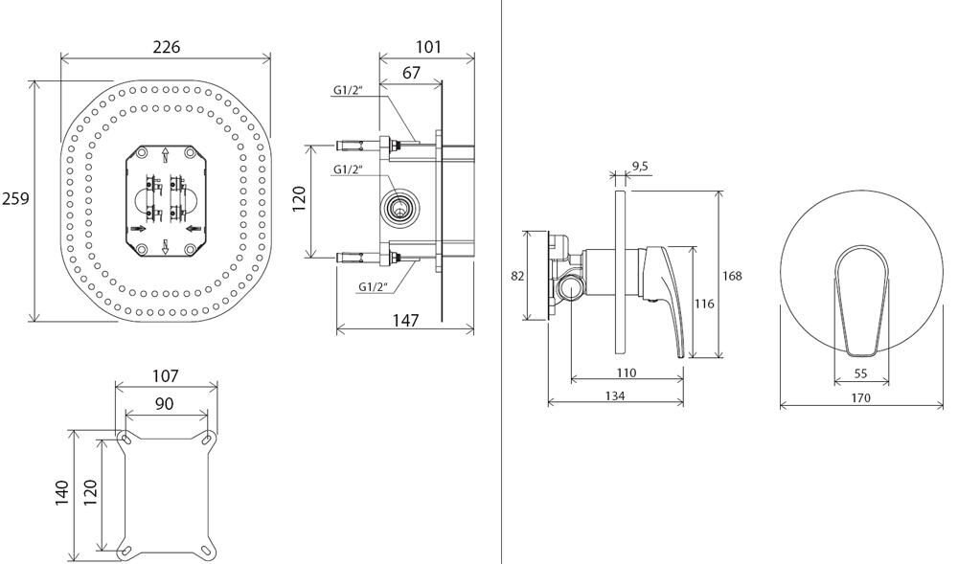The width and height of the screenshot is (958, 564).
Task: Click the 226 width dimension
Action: pos(166,47)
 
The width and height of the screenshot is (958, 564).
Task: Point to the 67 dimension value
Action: pos(411,73)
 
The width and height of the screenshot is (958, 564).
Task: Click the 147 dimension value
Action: pos(406,321)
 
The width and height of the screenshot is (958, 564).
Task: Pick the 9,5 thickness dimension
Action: pos(639,166)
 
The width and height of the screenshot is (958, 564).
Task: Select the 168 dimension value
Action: pos(732,276)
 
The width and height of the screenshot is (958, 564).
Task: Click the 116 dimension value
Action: pos(704,304)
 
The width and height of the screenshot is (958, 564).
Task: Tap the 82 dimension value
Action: pos(517,276)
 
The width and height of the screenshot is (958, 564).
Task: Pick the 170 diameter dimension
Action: pos(860,397)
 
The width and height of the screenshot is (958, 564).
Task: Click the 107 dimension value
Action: pos(166,376)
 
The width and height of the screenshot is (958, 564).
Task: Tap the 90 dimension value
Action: pos(165,404)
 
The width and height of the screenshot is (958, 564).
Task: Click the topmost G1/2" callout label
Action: pos(347,90)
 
